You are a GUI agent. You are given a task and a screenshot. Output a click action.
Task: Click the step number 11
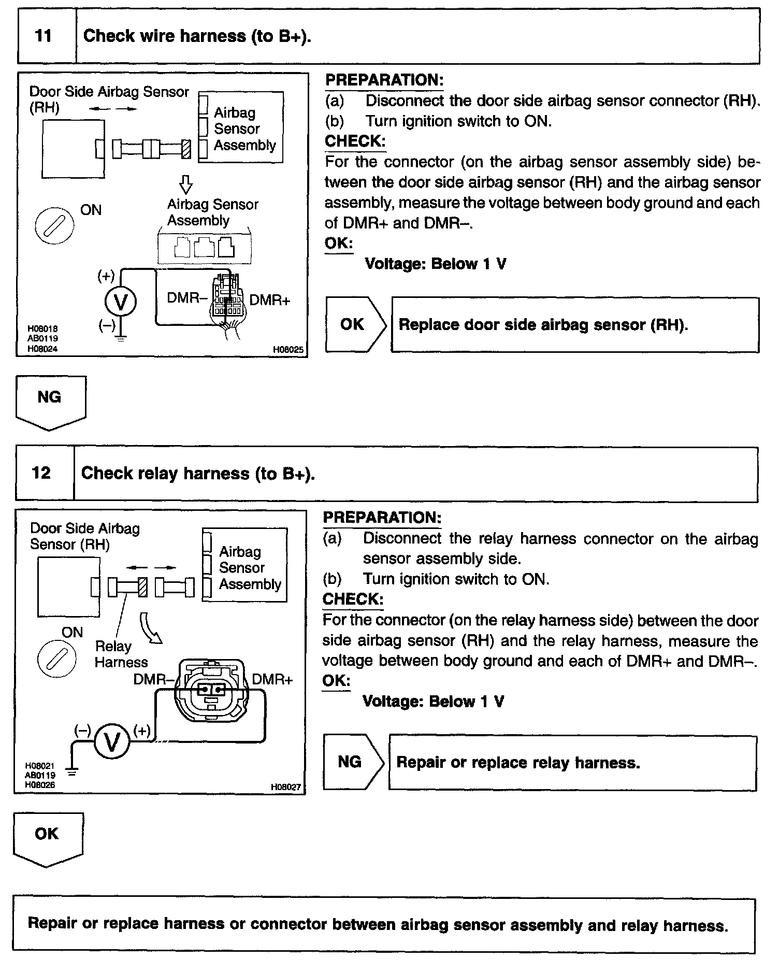[44, 36]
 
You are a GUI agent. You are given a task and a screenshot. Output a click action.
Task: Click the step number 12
[41, 473]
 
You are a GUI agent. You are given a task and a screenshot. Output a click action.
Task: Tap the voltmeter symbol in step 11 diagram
[121, 302]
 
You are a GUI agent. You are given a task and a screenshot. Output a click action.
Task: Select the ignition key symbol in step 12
[57, 659]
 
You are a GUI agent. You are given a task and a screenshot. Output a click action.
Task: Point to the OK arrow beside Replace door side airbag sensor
[355, 324]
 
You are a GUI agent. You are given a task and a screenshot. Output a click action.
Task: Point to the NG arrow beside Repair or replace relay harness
[352, 762]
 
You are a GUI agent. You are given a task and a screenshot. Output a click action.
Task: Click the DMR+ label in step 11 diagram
[270, 301]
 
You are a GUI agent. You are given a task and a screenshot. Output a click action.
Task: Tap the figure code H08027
[286, 787]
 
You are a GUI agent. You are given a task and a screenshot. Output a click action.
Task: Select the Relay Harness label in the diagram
[121, 654]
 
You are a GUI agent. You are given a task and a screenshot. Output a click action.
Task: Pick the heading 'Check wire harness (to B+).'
[197, 36]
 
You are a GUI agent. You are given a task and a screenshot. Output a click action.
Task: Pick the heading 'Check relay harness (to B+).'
[198, 474]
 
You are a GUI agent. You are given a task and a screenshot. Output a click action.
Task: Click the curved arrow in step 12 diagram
[150, 627]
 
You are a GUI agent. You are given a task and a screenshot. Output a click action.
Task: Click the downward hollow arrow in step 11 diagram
[185, 184]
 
